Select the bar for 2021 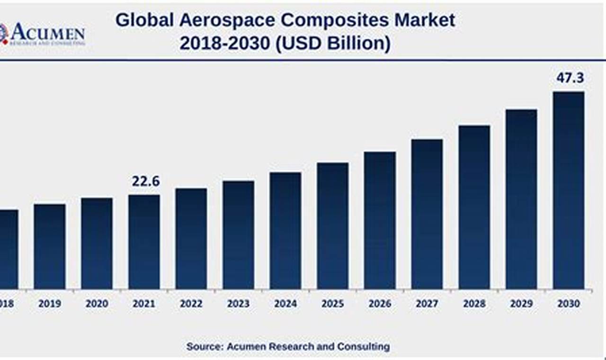[144, 242]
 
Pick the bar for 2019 [50, 246]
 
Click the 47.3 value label [570, 78]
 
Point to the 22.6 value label [146, 181]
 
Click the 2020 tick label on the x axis [97, 304]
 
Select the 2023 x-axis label [238, 304]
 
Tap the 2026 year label [380, 304]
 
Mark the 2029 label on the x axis [521, 304]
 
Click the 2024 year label [285, 304]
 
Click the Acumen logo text [47, 33]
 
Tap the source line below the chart [288, 347]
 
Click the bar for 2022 [191, 239]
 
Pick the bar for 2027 [427, 214]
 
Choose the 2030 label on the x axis [568, 304]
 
